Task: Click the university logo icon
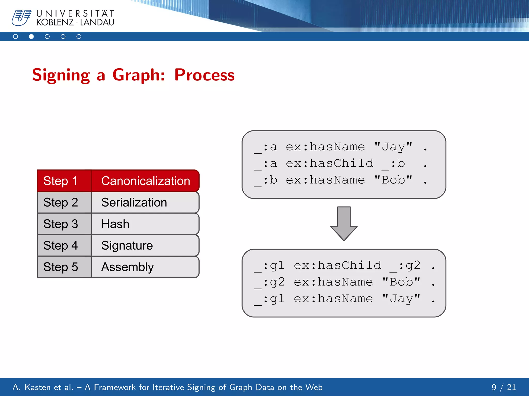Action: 21,18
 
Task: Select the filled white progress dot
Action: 31,37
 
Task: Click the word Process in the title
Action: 204,75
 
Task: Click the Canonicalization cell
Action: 145,181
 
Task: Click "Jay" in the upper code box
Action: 393,147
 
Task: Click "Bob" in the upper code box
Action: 393,180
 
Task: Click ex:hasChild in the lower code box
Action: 337,265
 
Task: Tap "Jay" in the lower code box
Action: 401,299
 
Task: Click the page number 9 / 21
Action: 503,387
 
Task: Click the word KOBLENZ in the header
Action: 55,22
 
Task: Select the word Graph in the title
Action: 138,75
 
